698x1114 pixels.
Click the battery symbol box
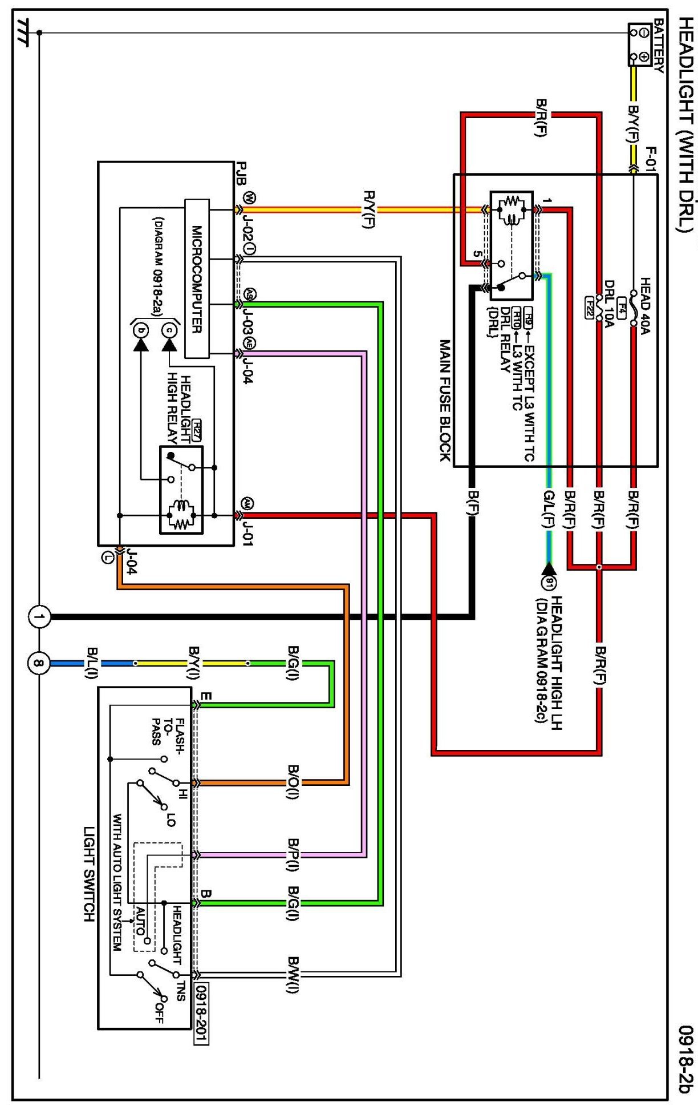640,45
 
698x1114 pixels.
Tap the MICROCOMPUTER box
197,278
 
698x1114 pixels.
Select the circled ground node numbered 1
39,617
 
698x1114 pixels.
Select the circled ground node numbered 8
39,663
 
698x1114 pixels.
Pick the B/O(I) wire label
293,782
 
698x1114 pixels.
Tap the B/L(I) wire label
91,663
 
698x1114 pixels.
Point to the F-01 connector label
651,159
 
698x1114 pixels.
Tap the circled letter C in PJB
169,330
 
